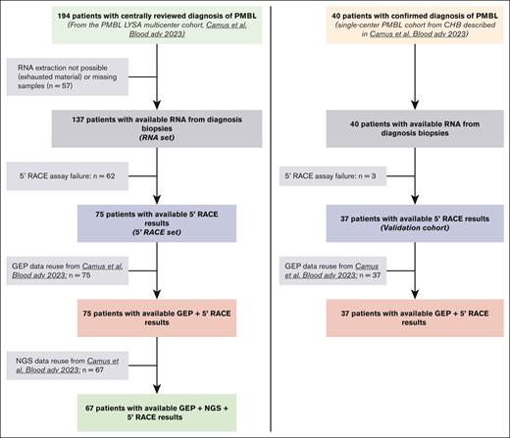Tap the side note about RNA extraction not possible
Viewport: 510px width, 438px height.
click(x=68, y=79)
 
